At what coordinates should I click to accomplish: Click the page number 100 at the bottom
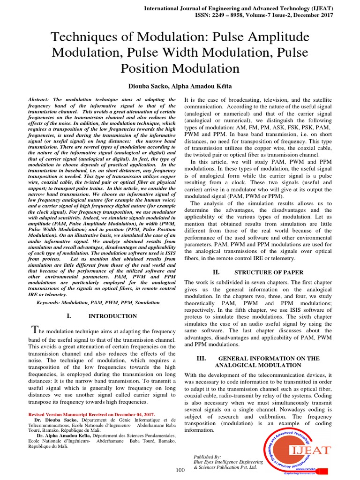click(x=180, y=470)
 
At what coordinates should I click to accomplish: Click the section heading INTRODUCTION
click(x=113, y=316)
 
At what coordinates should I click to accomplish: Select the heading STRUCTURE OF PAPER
click(x=269, y=272)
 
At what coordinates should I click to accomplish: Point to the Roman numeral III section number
click(x=202, y=358)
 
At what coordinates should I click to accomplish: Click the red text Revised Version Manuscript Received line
click(x=91, y=415)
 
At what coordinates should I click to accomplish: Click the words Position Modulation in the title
click(x=180, y=69)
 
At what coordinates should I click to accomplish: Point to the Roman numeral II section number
click(x=216, y=272)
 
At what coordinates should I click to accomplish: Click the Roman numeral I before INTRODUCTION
click(x=69, y=316)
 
